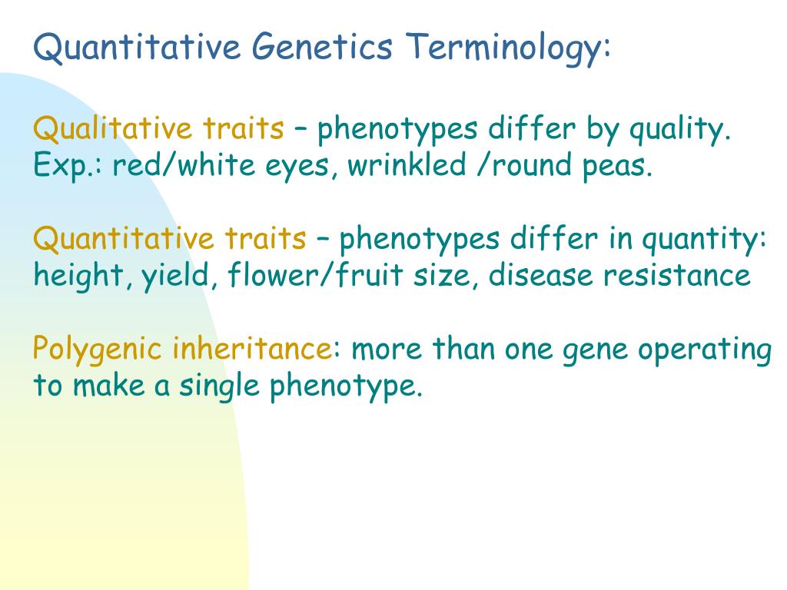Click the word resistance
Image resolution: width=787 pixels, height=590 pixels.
pos(676,275)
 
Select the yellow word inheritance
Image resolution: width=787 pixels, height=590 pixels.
pos(251,350)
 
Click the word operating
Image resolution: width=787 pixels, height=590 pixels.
pos(705,350)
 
